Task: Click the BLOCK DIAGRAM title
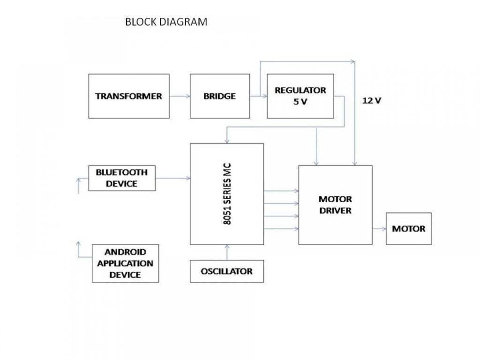(x=166, y=22)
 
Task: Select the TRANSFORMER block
(x=128, y=96)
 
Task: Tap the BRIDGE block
(x=219, y=96)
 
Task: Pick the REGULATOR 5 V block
(x=300, y=96)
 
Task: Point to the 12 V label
(x=372, y=100)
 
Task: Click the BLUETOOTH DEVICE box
(x=121, y=178)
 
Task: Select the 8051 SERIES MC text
(x=227, y=194)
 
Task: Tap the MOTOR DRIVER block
(x=335, y=205)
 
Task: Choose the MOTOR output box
(x=409, y=229)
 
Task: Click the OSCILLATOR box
(x=226, y=271)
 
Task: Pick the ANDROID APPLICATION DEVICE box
(x=125, y=263)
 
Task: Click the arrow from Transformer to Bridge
(x=180, y=96)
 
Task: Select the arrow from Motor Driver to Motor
(x=379, y=229)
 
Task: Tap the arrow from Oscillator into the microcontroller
(x=227, y=252)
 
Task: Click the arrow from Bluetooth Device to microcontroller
(x=172, y=178)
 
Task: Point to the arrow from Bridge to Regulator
(x=258, y=96)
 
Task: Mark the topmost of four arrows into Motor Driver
(x=281, y=191)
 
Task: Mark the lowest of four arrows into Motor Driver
(x=281, y=228)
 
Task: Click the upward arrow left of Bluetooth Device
(x=78, y=185)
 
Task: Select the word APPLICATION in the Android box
(x=125, y=263)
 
